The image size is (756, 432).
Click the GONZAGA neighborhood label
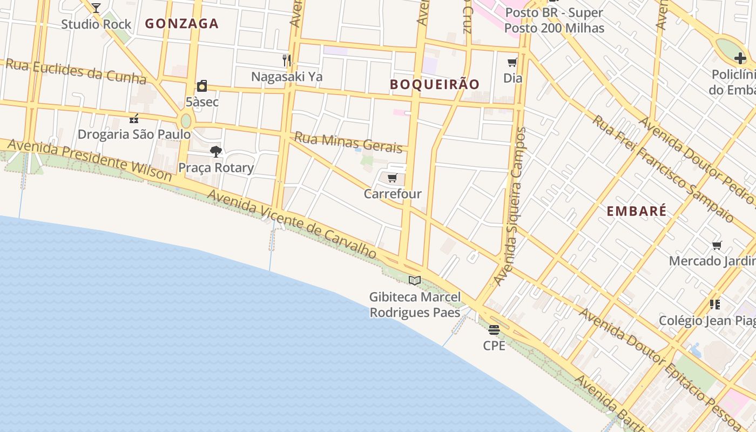181,24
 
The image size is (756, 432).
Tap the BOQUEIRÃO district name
435,84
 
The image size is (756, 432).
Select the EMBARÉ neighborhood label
636,211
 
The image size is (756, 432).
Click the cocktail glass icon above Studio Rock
96,8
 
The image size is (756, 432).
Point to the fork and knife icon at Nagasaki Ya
287,60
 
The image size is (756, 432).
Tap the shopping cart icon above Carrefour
393,178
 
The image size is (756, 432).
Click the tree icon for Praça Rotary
216,152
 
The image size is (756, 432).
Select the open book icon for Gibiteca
415,280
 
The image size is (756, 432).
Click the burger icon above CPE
494,329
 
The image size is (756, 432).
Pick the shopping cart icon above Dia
512,62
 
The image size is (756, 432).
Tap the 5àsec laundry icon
202,86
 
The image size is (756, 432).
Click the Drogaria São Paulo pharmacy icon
134,118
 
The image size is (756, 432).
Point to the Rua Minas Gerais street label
348,143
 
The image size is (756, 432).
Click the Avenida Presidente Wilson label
90,160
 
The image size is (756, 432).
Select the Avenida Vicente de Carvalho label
292,223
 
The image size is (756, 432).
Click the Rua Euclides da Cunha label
76,72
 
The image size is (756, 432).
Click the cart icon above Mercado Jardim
717,246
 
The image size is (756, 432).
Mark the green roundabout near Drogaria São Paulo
186,121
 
